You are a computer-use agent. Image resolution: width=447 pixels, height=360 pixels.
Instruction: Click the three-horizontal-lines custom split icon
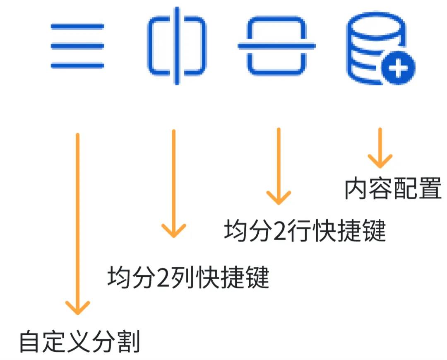click(x=77, y=46)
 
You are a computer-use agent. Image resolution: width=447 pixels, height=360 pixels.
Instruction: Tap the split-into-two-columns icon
click(x=177, y=46)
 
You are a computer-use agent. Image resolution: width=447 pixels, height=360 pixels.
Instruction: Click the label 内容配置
click(x=393, y=189)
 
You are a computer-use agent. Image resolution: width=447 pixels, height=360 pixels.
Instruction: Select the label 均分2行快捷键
click(x=305, y=231)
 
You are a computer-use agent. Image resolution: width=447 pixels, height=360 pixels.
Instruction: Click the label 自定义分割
click(x=79, y=341)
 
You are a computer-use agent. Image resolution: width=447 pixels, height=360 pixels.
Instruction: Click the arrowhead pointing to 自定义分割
click(x=77, y=309)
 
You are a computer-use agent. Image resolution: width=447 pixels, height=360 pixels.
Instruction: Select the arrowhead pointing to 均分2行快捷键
click(x=279, y=198)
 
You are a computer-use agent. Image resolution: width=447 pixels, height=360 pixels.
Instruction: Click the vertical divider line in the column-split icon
click(x=177, y=46)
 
